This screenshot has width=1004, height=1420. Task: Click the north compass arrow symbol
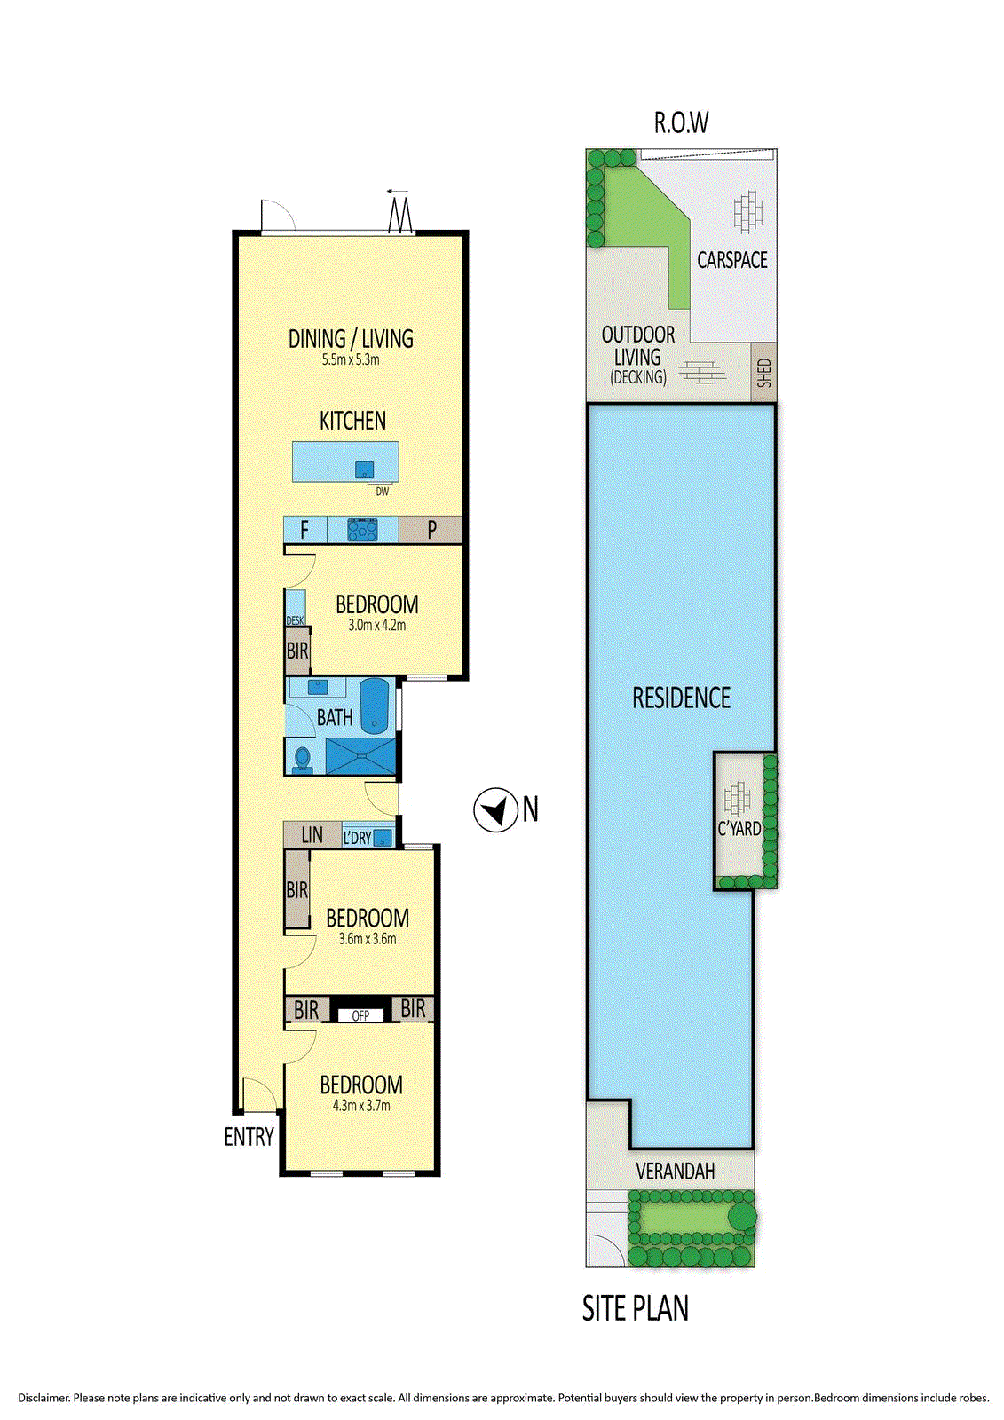(x=495, y=809)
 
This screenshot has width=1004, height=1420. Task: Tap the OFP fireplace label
(x=360, y=1015)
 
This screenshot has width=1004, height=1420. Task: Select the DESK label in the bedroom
(x=295, y=620)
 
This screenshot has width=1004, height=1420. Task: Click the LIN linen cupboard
(x=312, y=835)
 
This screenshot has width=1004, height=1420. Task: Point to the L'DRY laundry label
(x=357, y=838)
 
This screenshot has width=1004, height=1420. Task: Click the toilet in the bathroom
(x=303, y=758)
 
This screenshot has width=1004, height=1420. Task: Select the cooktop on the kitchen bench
(x=362, y=529)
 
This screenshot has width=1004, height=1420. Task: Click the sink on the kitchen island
(x=364, y=469)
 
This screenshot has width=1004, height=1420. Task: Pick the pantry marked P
(x=430, y=529)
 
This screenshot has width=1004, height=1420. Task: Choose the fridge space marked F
(x=304, y=530)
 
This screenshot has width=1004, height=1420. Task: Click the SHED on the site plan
(x=763, y=373)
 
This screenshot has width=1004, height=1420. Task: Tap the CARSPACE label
(x=731, y=260)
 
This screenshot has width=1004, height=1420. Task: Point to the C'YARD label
(x=739, y=828)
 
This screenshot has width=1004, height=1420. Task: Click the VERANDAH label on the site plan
(x=676, y=1171)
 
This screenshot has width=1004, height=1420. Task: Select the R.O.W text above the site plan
(x=681, y=122)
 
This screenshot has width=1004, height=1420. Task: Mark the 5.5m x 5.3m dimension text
(x=351, y=360)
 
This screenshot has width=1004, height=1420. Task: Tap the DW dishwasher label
(x=383, y=492)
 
